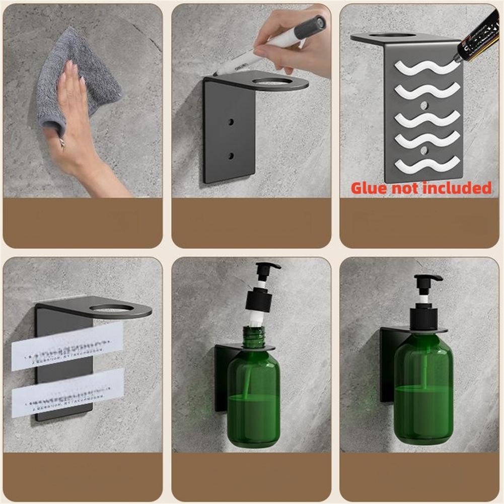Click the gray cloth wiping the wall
pyautogui.click(x=83, y=81)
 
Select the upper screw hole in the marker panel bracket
pyautogui.click(x=231, y=122)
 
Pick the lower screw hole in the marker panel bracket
pyautogui.click(x=231, y=156)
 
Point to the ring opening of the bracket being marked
pyautogui.click(x=271, y=81)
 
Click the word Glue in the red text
pyautogui.click(x=370, y=188)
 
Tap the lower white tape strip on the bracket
pyautogui.click(x=67, y=392)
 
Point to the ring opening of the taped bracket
pyautogui.click(x=111, y=308)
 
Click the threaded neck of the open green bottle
pyautogui.click(x=254, y=336)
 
